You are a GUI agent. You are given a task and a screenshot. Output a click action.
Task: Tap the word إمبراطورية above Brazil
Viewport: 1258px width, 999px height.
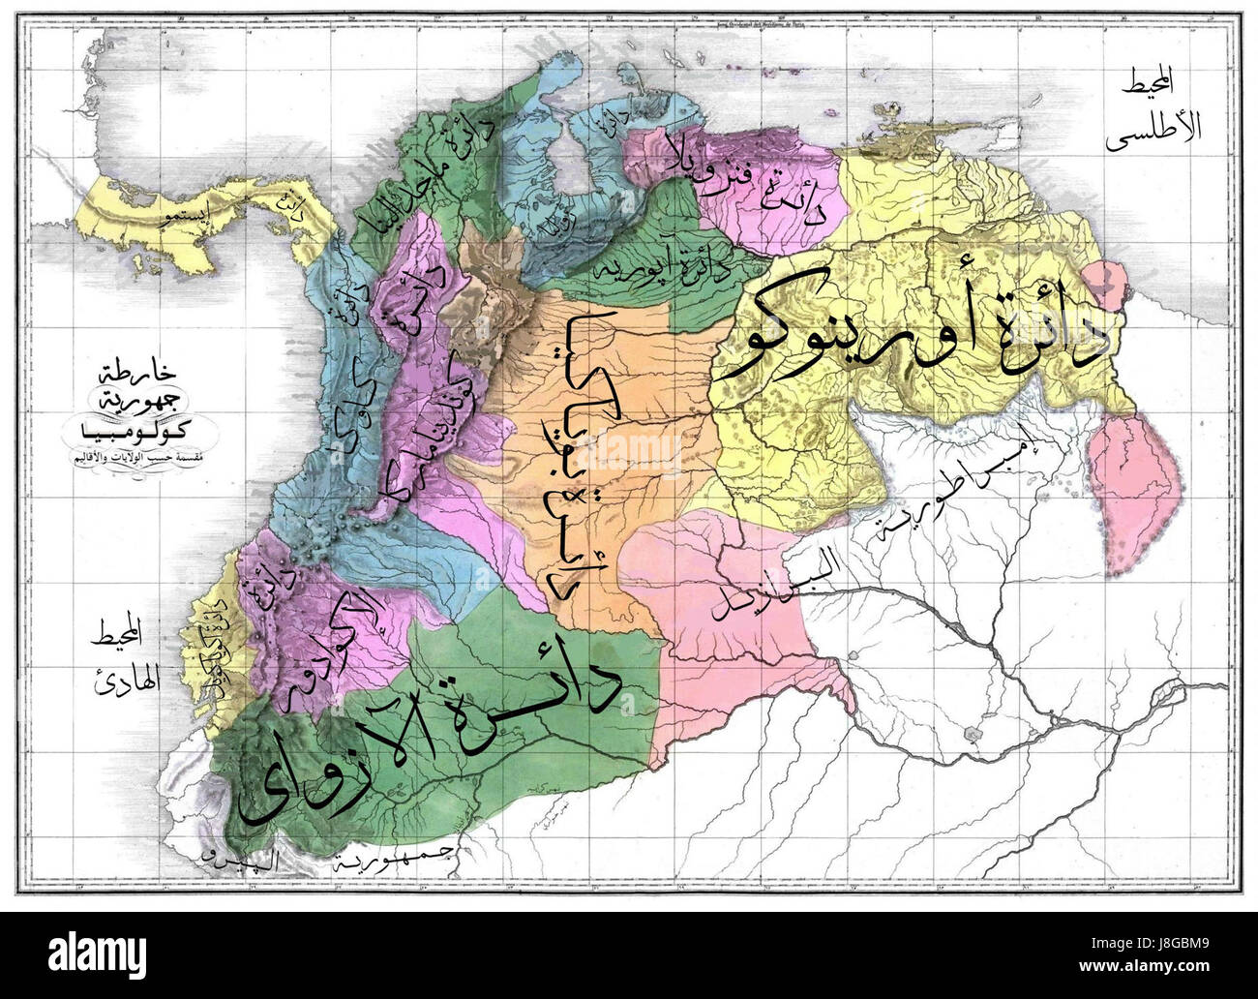(953, 489)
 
